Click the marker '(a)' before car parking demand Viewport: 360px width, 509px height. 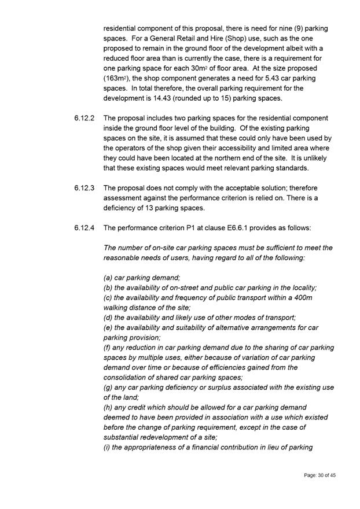(109, 278)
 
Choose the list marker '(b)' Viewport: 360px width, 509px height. (109, 287)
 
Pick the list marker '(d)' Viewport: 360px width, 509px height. (109, 318)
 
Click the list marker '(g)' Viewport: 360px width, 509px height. (109, 388)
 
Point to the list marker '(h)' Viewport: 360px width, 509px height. (109, 408)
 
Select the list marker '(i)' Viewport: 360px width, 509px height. (108, 447)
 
